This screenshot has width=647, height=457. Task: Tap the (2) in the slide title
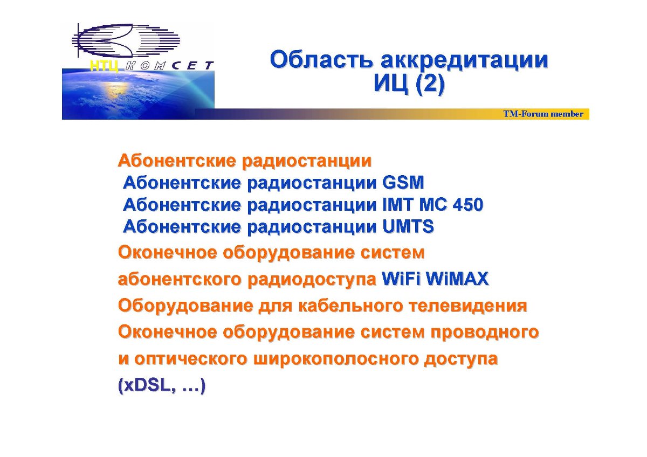(430, 84)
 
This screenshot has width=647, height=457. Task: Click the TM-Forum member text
(543, 114)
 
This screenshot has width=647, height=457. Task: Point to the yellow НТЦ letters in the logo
(104, 66)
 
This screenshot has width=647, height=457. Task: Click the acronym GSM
(403, 183)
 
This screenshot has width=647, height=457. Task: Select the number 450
(468, 205)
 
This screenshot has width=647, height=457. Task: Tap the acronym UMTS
(408, 226)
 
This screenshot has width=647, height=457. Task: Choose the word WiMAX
(458, 279)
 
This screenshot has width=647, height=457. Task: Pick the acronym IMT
(398, 205)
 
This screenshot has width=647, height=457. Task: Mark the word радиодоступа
(312, 280)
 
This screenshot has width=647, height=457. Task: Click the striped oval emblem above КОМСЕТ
(126, 40)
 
